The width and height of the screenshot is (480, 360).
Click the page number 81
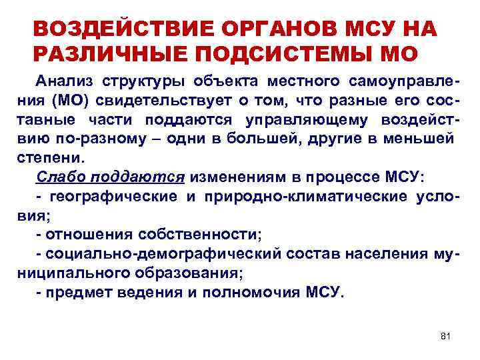tap(446, 336)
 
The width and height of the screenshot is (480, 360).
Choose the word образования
tap(195, 273)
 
